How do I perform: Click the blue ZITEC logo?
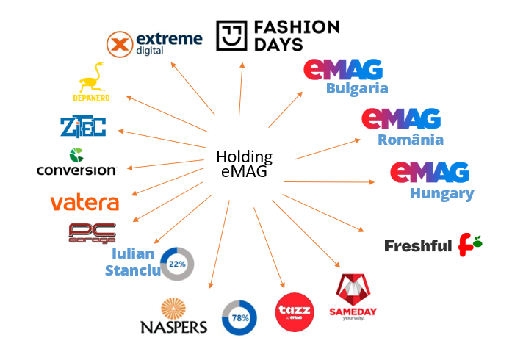pyautogui.click(x=83, y=126)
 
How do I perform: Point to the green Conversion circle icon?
pyautogui.click(x=76, y=155)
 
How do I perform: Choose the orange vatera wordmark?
pyautogui.click(x=84, y=202)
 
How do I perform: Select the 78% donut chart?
pyautogui.click(x=239, y=317)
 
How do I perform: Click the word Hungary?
pyautogui.click(x=441, y=194)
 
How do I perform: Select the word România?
pyautogui.click(x=410, y=140)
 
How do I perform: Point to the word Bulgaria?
pyautogui.click(x=357, y=88)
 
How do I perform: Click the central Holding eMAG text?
pyautogui.click(x=245, y=165)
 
